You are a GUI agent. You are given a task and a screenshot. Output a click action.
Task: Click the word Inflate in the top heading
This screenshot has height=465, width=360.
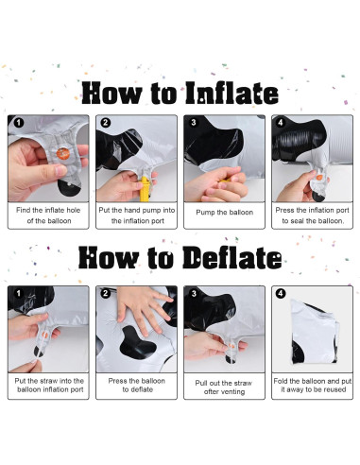point(231,94)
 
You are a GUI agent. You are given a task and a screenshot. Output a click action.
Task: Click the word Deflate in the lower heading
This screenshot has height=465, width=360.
point(232,258)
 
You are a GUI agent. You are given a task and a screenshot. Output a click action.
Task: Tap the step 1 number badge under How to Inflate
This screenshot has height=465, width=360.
point(19,123)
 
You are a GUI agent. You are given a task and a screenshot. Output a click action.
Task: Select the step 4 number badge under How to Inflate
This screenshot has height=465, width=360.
point(281,122)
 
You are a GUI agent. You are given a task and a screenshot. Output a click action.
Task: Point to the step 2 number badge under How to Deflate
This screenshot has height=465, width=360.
point(105,294)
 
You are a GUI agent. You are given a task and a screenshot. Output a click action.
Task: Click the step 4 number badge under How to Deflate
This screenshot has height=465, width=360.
point(281,294)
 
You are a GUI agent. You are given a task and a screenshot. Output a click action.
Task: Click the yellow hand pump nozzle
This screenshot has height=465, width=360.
point(145,189)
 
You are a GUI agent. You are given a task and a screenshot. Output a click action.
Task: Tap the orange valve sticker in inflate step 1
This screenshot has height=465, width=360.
point(63,153)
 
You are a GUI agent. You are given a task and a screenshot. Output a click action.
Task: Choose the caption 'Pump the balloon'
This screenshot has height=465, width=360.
point(225,213)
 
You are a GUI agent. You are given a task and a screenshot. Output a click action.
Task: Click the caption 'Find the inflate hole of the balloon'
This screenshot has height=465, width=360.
point(48,215)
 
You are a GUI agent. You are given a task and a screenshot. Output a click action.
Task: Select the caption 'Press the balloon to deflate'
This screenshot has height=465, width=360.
point(137,385)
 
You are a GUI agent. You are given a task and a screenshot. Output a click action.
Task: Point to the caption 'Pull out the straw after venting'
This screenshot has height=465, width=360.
point(224,387)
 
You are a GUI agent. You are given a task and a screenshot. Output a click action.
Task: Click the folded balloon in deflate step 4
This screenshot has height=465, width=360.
point(315,332)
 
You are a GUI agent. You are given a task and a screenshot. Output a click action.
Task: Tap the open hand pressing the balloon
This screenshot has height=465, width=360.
point(143,309)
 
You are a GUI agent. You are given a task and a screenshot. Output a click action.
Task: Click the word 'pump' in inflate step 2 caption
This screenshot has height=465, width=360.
point(153,211)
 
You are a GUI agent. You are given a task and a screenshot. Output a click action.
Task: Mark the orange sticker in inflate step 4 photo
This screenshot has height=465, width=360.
point(319,176)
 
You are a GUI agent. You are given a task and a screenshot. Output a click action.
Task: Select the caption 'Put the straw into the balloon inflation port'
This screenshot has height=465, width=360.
point(49,385)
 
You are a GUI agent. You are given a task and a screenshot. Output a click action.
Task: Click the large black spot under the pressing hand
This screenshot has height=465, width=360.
point(138,342)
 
